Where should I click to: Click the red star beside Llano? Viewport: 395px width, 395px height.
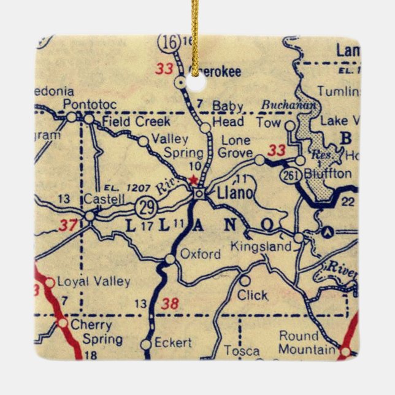(x=193, y=180)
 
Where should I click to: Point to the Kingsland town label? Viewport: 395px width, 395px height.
(x=260, y=247)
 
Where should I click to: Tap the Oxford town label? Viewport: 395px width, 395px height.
(x=200, y=254)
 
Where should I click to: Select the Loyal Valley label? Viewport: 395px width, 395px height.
(x=93, y=282)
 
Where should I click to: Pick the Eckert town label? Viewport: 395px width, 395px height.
(x=173, y=342)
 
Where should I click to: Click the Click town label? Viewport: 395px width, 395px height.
(x=252, y=295)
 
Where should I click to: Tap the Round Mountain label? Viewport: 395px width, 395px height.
(x=307, y=342)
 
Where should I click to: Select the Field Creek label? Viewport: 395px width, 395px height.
(x=128, y=121)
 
